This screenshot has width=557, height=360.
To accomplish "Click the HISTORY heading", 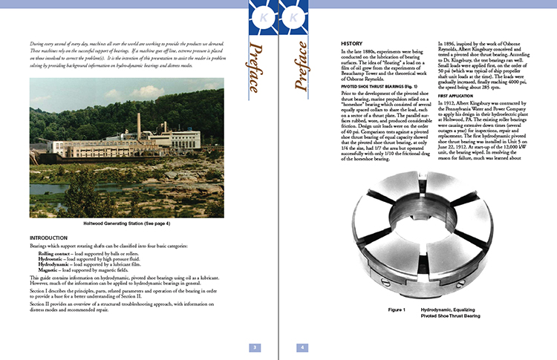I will coord(352,43).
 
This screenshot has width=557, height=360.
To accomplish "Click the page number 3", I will coord(254,347).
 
